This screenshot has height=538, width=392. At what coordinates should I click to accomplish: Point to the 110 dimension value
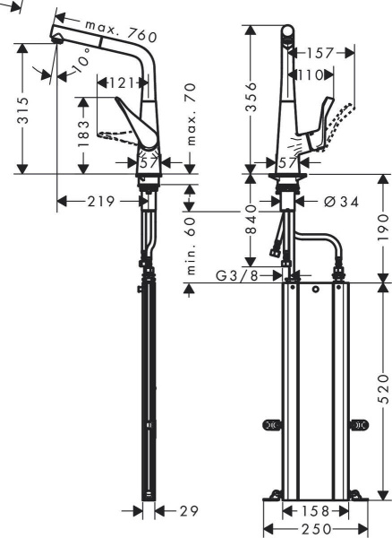pos(311,75)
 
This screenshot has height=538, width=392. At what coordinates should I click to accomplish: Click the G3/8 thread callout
pos(237,275)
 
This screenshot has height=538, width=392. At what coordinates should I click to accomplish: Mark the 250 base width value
pos(313,529)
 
